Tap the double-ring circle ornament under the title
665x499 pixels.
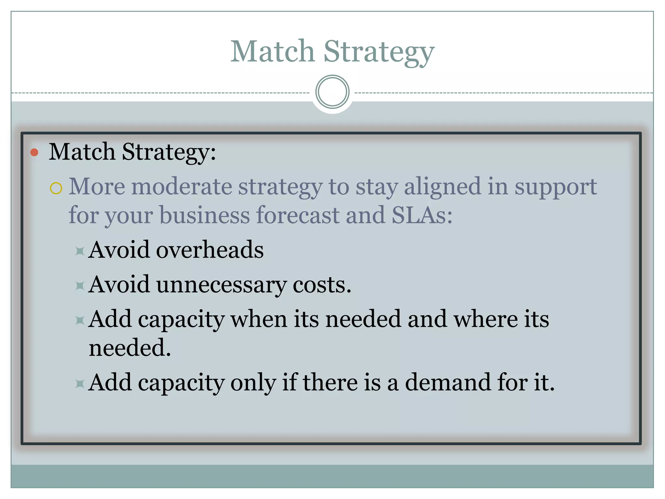(332, 92)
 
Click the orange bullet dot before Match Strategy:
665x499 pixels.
(34, 152)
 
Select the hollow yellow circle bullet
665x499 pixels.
(56, 188)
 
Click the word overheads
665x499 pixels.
(210, 250)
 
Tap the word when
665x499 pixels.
(259, 319)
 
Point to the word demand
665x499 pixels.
(448, 382)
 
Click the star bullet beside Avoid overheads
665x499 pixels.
(80, 251)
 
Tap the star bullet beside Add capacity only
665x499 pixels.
(80, 384)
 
